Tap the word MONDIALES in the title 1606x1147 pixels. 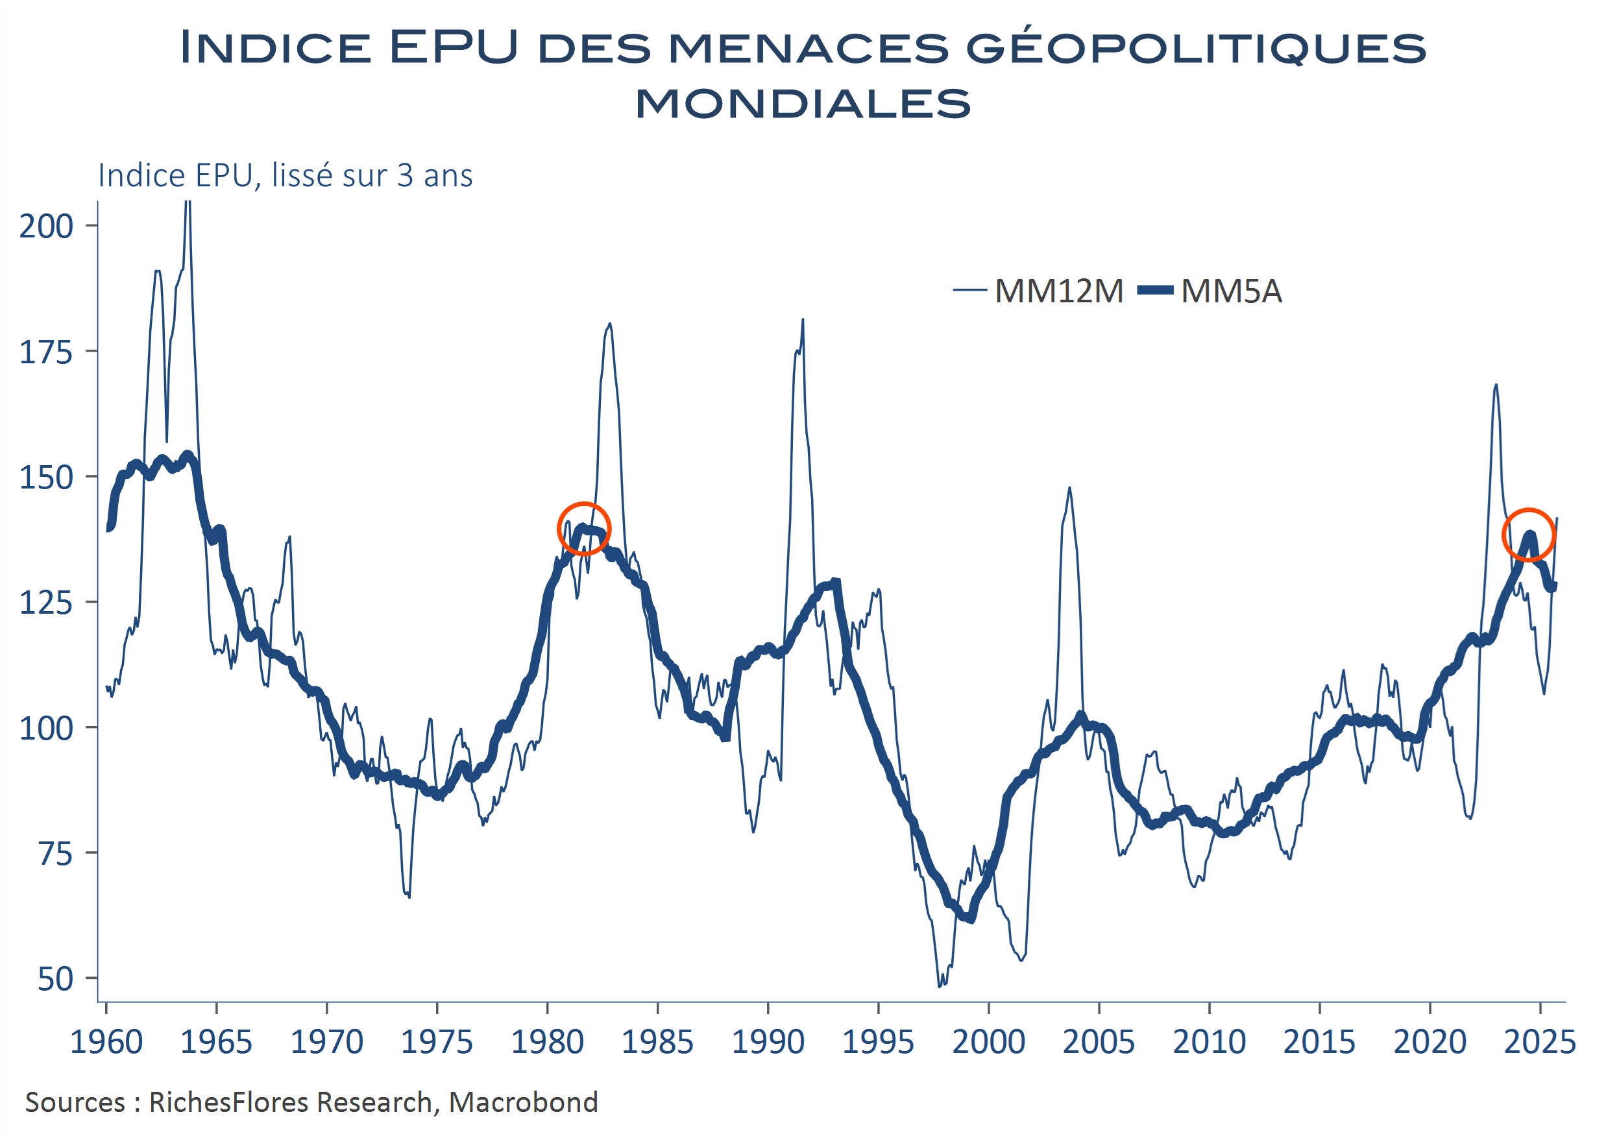coord(803,104)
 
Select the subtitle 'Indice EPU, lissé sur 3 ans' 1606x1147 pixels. coord(286,176)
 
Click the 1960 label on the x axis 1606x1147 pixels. coord(106,1043)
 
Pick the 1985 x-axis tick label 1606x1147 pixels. coord(657,1043)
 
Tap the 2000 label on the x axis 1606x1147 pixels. coord(988,1043)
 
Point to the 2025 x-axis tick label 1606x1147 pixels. coord(1540,1043)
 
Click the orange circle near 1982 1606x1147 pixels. coord(584,529)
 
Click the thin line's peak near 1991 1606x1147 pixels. coord(802,320)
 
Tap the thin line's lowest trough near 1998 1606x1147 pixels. coord(940,986)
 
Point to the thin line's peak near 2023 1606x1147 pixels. coord(1496,385)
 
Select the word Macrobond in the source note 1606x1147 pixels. coord(523,1102)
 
